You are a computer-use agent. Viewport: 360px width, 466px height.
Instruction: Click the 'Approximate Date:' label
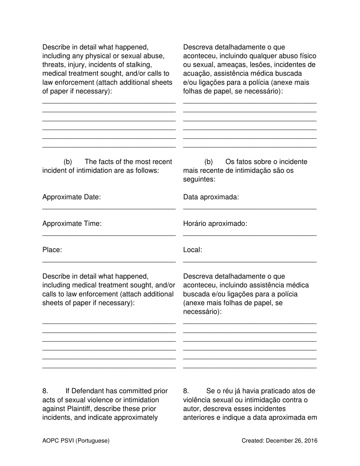(72, 197)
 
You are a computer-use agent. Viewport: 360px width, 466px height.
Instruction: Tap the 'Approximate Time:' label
(72, 224)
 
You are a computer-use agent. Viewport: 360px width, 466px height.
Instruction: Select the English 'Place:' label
(52, 250)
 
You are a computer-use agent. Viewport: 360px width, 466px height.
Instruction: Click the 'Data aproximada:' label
(211, 197)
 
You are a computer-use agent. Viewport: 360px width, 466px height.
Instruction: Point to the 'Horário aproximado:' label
(215, 224)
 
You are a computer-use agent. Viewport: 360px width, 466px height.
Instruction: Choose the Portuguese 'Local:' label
(193, 250)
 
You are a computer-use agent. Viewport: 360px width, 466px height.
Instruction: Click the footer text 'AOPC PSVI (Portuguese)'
(76, 441)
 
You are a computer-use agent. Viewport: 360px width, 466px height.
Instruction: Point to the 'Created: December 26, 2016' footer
(280, 441)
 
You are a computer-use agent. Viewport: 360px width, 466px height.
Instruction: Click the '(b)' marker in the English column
(68, 162)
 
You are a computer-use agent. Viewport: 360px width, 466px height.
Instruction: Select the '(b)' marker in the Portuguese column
(208, 162)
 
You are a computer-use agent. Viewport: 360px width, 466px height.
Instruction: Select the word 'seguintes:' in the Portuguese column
(199, 180)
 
